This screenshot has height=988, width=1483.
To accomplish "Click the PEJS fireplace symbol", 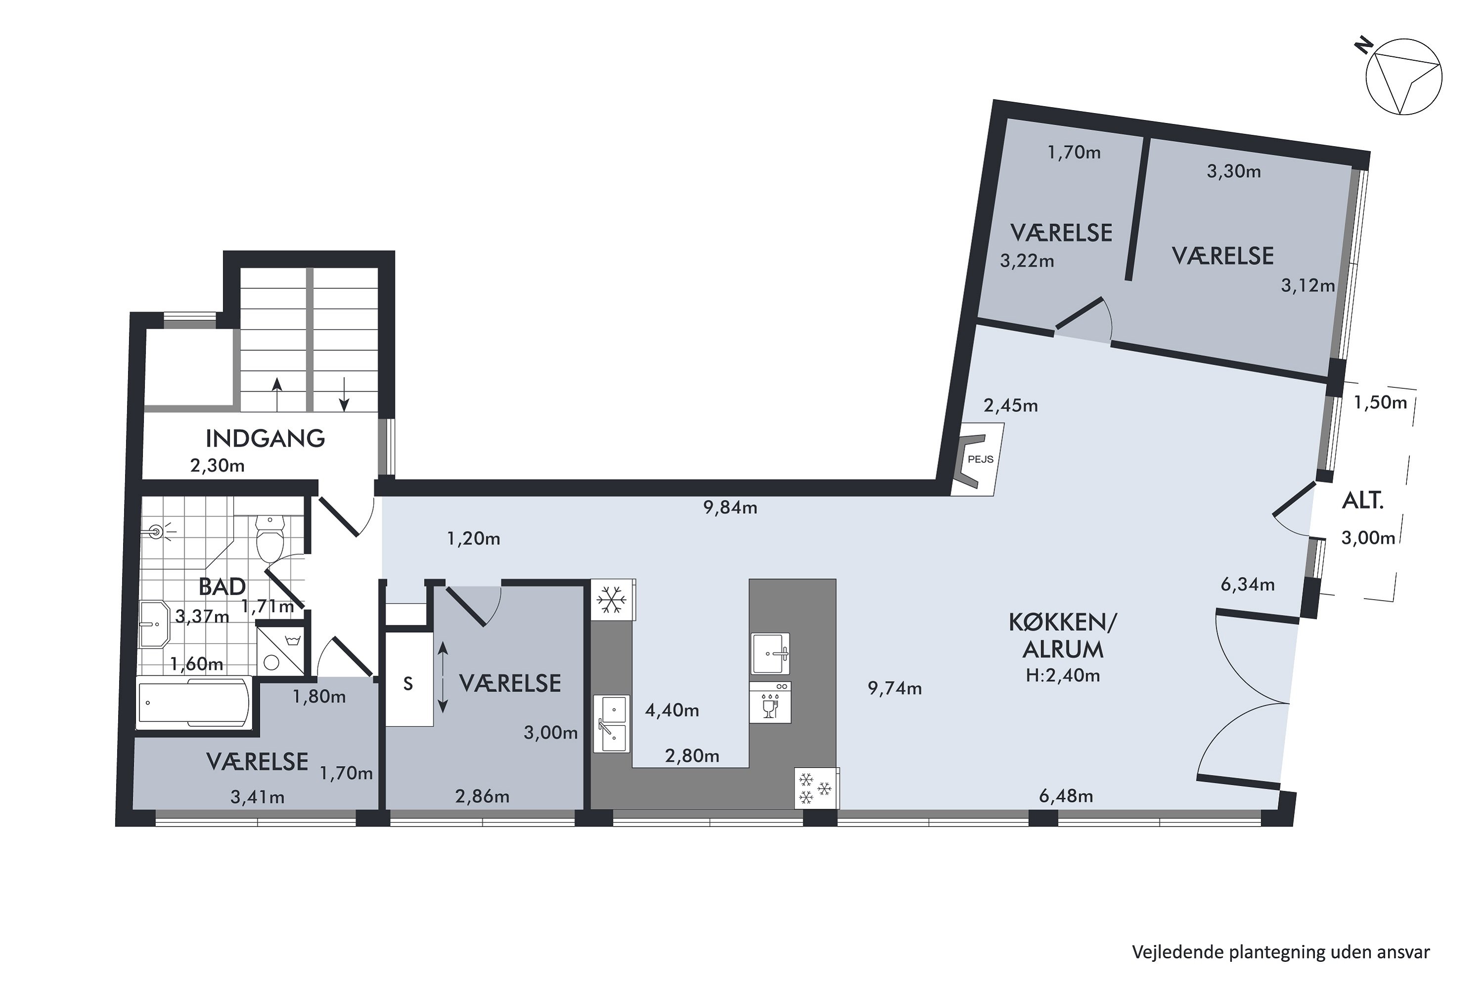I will click(977, 459).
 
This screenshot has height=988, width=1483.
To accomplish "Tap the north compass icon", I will click(1403, 85).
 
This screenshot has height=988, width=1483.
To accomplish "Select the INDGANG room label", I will click(265, 439).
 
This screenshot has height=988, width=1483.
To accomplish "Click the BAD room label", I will click(222, 587).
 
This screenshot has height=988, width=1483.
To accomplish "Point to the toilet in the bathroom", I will click(270, 539).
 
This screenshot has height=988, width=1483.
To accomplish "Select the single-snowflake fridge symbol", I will click(611, 600).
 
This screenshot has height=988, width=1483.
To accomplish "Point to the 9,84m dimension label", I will click(730, 508).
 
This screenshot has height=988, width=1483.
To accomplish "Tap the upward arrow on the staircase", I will click(276, 394).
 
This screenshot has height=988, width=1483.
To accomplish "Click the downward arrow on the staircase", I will click(344, 394).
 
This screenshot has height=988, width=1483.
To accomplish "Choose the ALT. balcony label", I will click(1362, 501).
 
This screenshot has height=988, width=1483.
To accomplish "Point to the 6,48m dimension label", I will click(1066, 796).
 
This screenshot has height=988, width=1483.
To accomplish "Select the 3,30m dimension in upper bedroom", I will click(1233, 171).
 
